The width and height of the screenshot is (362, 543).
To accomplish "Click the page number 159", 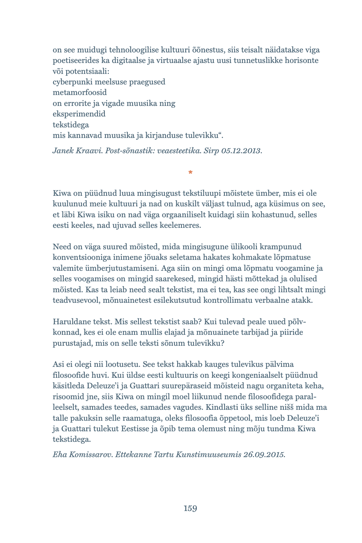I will tap(190, 508).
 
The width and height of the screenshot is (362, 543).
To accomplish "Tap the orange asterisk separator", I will tap(190, 172).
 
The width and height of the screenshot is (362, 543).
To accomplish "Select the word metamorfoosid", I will tap(80, 92).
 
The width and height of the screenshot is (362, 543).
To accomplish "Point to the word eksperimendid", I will tap(79, 114).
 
